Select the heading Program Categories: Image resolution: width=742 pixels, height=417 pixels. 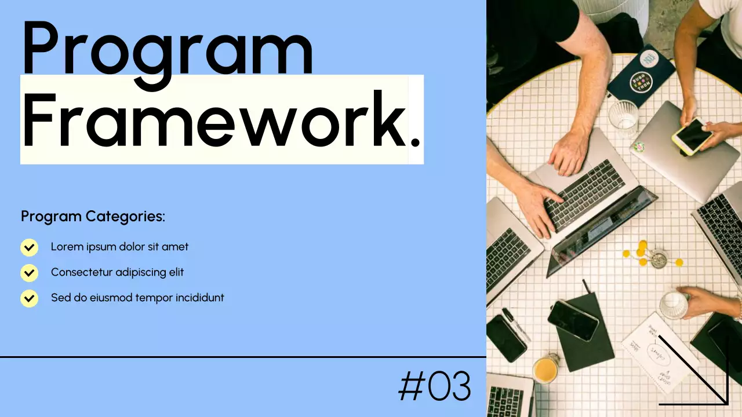(x=93, y=217)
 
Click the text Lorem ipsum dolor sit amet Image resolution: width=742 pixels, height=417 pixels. (x=119, y=247)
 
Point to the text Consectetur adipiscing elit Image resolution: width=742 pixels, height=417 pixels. (x=117, y=272)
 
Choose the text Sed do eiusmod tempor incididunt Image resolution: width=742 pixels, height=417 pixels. (x=137, y=298)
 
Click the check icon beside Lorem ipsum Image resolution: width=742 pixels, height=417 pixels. (x=29, y=247)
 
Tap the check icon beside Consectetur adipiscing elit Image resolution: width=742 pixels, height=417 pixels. (x=29, y=273)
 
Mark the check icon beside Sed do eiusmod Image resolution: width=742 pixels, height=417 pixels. (x=29, y=298)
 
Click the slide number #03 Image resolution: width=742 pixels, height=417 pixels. (x=435, y=387)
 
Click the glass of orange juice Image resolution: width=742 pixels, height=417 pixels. (x=545, y=369)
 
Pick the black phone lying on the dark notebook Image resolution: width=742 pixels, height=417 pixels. (x=573, y=320)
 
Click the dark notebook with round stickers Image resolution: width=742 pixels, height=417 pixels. (x=641, y=75)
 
